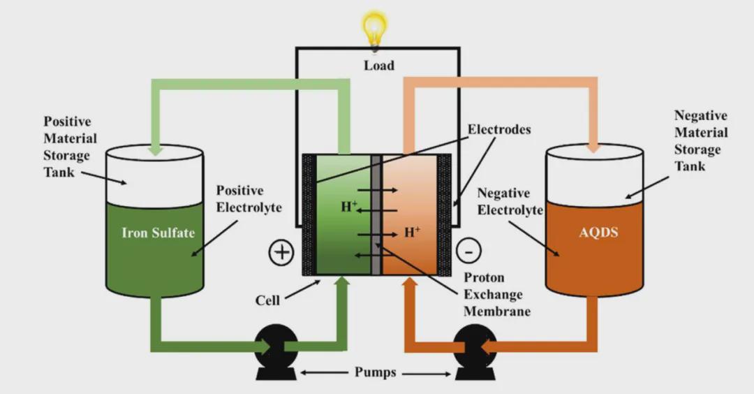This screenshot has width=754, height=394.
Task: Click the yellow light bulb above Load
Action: coord(375,29)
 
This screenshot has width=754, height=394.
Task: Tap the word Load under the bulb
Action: coord(379,66)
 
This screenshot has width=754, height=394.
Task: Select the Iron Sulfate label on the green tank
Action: coord(158,233)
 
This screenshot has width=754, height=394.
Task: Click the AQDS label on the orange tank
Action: coord(598,232)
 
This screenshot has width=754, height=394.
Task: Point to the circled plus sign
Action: coord(281,251)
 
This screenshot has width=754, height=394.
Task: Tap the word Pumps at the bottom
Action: coord(374,372)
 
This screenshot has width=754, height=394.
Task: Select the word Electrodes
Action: coord(499,129)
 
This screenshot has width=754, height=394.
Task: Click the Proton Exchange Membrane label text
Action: coord(496,294)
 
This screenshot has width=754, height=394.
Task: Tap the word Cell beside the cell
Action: coord(267,300)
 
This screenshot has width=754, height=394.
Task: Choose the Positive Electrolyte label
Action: coord(239,199)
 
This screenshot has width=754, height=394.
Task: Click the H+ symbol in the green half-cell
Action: coord(349,207)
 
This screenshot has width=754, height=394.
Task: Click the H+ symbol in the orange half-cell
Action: coord(413,232)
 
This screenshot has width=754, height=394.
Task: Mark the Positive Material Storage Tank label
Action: coord(70,147)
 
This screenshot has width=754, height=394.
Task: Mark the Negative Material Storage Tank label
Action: coord(700,140)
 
